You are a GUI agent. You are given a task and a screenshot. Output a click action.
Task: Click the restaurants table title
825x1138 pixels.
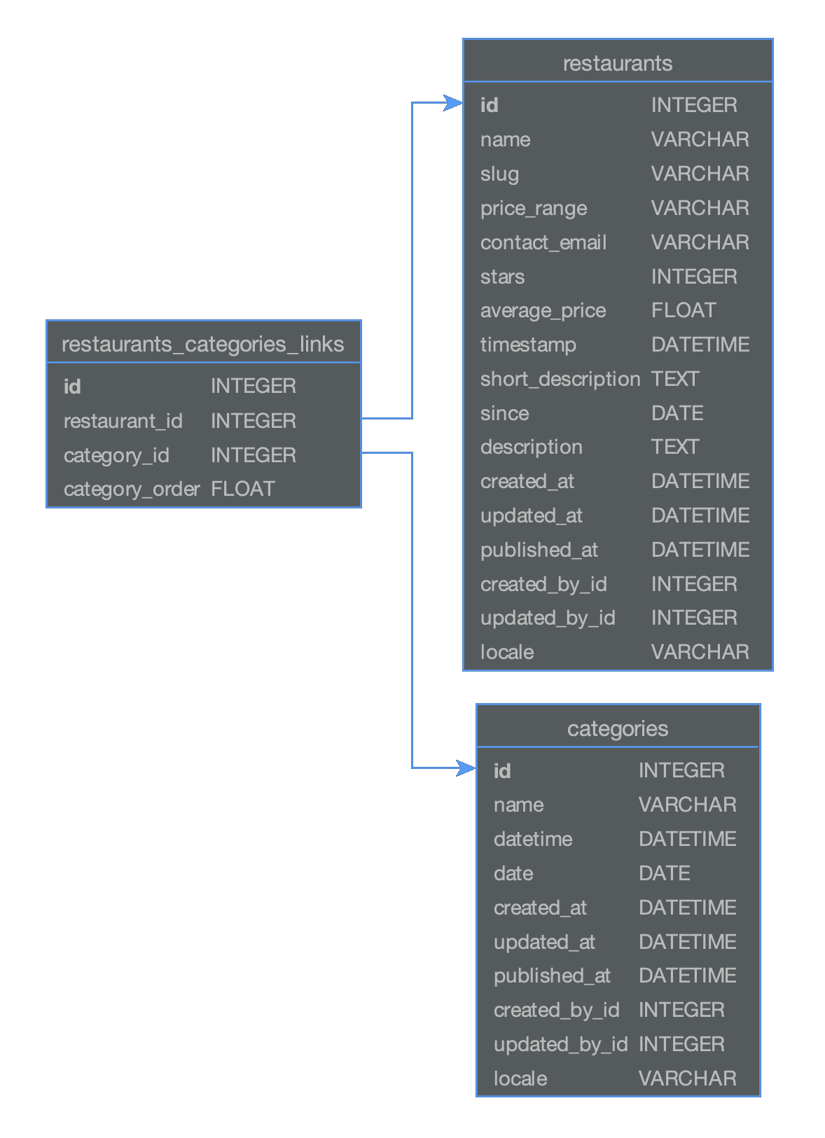(617, 64)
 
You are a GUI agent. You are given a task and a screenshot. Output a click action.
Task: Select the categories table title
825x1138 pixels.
(617, 729)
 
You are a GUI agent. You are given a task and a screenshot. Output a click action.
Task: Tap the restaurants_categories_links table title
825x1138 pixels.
(202, 345)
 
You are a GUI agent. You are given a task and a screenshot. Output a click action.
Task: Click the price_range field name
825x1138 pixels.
(534, 208)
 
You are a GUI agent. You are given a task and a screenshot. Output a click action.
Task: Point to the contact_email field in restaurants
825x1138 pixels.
(543, 242)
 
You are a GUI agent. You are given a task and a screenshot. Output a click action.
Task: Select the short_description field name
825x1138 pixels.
(560, 379)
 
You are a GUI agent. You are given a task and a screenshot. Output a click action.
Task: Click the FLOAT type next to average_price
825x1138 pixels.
(684, 310)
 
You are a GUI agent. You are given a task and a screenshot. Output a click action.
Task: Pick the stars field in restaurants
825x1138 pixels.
(502, 277)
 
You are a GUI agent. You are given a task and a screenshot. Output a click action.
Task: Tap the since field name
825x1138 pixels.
(504, 413)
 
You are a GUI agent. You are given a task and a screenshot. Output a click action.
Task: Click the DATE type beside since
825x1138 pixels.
(677, 413)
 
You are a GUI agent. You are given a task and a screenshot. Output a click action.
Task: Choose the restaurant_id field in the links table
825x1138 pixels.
(123, 421)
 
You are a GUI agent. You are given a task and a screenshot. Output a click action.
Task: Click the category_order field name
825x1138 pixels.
(132, 490)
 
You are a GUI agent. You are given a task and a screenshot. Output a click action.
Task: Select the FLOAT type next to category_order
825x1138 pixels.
(243, 489)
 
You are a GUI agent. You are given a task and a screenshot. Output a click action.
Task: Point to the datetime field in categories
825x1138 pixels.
(533, 839)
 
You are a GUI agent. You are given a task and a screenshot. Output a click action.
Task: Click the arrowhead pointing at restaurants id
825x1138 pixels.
(453, 103)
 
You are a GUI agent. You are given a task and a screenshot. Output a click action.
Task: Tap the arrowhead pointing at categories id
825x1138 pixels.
(466, 768)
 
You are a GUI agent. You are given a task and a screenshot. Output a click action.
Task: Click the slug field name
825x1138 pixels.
(499, 174)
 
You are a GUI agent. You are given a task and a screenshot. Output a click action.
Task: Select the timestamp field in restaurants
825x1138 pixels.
(528, 345)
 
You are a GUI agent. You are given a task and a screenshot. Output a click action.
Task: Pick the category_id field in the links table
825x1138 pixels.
(116, 455)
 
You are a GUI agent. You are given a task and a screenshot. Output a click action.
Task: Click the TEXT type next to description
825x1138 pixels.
(675, 447)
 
